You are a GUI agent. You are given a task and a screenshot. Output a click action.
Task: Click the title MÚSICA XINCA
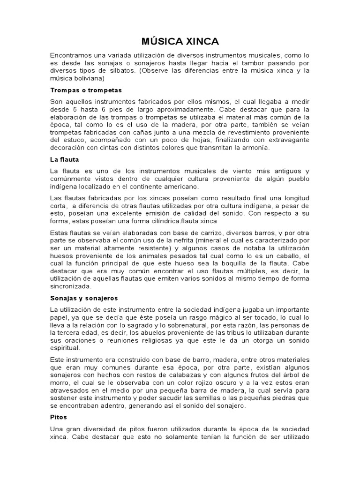(180, 41)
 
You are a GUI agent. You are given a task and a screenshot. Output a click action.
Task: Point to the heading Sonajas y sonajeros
(83, 298)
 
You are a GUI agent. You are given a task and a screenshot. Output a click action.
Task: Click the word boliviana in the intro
(91, 78)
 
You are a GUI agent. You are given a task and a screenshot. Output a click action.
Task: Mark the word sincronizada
(71, 286)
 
